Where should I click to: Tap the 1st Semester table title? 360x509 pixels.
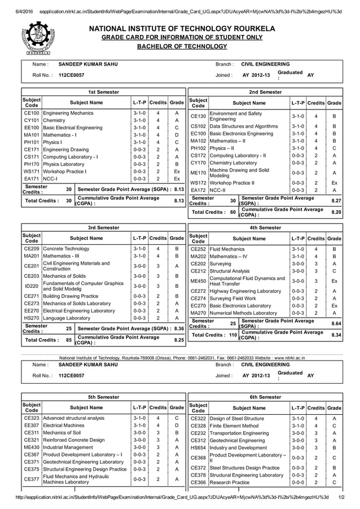tap(103, 91)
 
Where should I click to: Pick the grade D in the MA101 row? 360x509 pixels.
tap(177, 135)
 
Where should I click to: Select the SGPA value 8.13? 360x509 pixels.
tap(179, 190)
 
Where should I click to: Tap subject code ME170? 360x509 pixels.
tap(198, 173)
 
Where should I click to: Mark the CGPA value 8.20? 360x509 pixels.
tap(336, 213)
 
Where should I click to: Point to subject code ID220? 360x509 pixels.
tap(31, 286)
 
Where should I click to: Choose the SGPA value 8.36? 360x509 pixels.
tap(179, 327)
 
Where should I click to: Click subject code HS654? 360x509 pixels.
tap(198, 447)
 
